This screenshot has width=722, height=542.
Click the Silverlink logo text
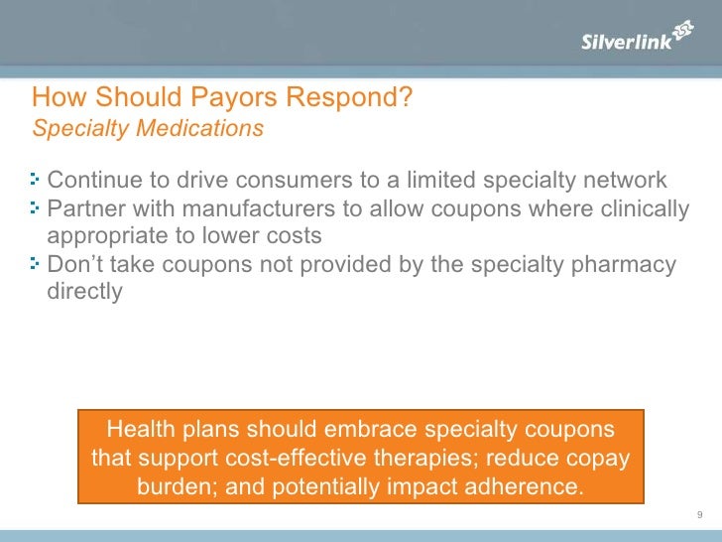pyautogui.click(x=626, y=41)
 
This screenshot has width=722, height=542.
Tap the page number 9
pyautogui.click(x=700, y=514)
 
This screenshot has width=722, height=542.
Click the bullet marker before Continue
pyautogui.click(x=37, y=181)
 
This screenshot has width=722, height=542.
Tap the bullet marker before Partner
pyautogui.click(x=37, y=208)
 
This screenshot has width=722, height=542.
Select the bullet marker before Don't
pyautogui.click(x=37, y=264)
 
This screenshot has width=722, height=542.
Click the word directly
pyautogui.click(x=84, y=292)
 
